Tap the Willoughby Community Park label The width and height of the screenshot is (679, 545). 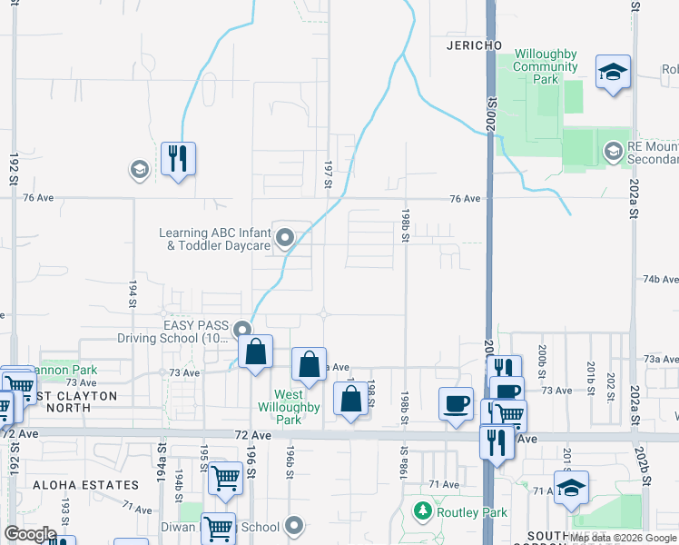pos(545,66)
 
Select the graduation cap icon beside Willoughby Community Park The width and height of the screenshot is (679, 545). pos(613,72)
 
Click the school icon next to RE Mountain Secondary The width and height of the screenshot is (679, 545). pos(614,152)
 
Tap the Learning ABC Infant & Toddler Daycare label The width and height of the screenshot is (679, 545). pos(215,239)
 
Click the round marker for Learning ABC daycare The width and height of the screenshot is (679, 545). pos(285,239)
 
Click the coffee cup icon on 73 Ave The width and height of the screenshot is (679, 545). pos(456,402)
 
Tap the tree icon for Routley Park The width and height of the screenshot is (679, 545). pos(422,511)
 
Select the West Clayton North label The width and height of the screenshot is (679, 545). pos(64,401)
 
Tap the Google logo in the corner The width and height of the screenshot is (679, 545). pos(31,534)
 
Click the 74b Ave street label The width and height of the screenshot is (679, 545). pos(661,280)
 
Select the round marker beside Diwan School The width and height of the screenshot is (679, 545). pos(293,526)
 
